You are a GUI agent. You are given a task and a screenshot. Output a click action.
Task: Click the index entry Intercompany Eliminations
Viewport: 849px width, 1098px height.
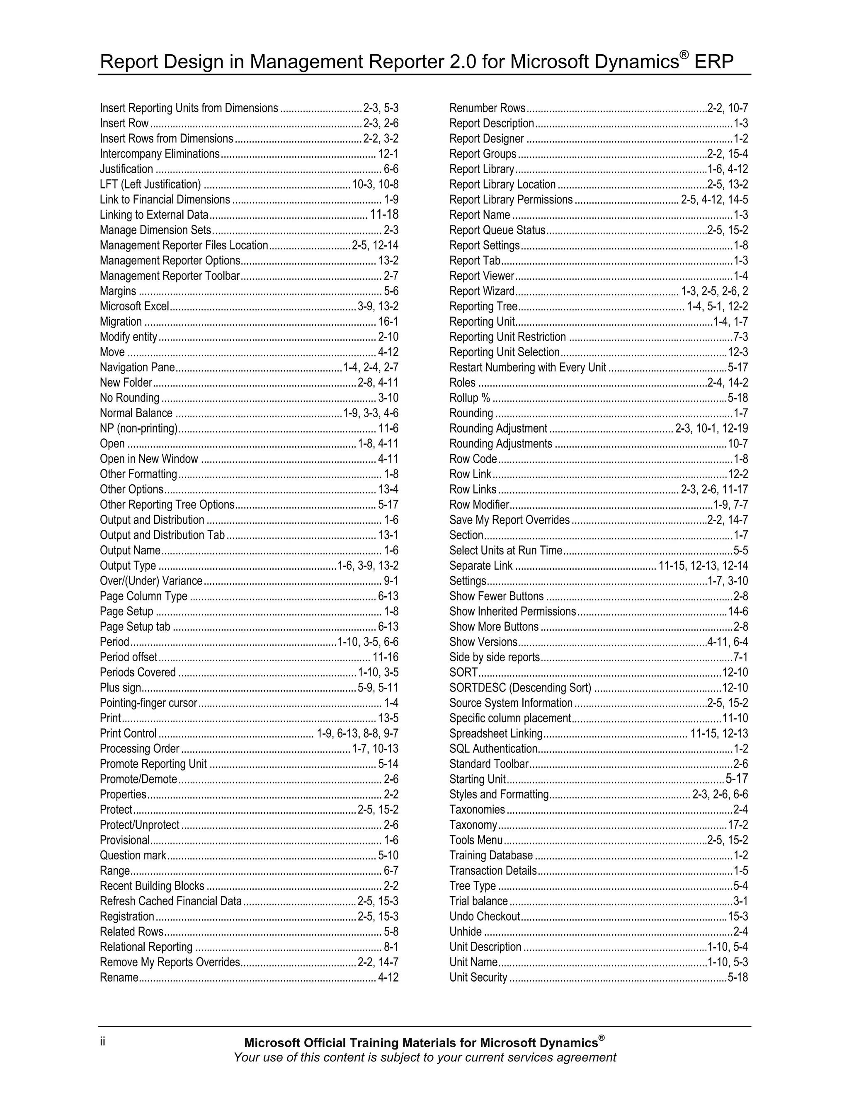(x=160, y=154)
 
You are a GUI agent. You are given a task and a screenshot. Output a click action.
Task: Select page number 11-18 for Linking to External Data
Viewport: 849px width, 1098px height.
(x=384, y=215)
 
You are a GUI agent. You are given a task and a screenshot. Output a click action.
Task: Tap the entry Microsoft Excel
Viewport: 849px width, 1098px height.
(x=134, y=306)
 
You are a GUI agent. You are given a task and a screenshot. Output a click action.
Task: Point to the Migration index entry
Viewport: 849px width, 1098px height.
(x=121, y=322)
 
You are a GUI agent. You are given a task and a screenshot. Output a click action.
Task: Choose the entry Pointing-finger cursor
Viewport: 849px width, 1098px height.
(x=148, y=703)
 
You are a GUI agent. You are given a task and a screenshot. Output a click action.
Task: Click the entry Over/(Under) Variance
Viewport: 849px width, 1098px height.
(x=151, y=580)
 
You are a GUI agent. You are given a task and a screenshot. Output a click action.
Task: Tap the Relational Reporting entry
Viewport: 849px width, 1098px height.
(x=146, y=947)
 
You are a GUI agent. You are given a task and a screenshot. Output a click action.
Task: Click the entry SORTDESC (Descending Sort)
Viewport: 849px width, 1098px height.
(x=520, y=688)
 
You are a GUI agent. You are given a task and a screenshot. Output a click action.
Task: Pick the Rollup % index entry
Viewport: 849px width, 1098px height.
(x=469, y=398)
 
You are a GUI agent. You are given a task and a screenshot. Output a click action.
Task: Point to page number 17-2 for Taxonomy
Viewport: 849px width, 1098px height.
(x=738, y=825)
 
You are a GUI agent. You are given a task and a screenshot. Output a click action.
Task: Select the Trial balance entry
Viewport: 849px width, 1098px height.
(x=478, y=901)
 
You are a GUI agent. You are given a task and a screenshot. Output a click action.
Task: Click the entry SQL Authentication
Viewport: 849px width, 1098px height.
(x=493, y=749)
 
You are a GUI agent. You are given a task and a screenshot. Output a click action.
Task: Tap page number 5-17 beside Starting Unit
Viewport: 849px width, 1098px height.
(x=737, y=779)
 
